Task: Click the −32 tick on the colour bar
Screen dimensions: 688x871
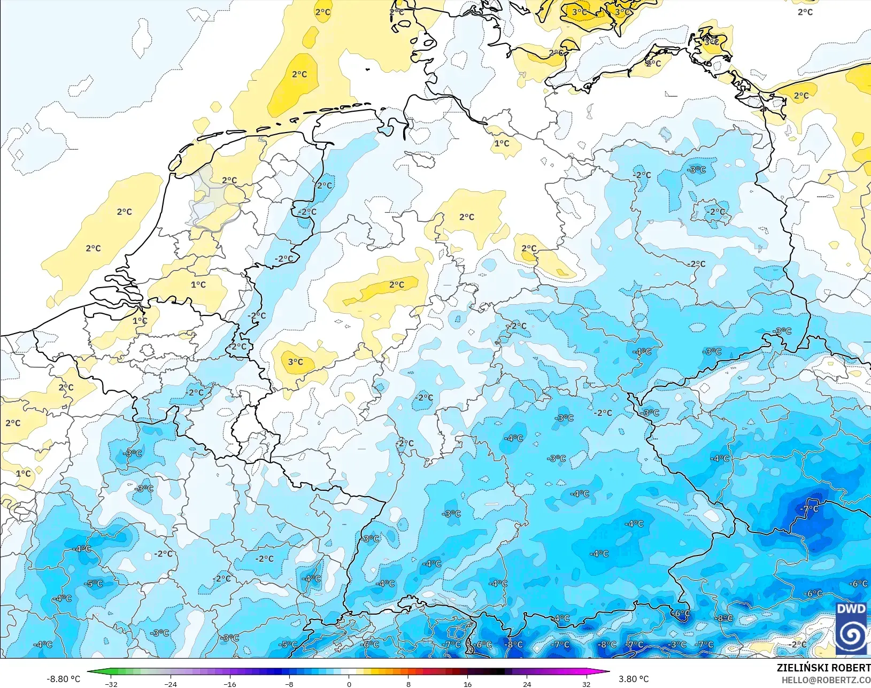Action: [x=111, y=684]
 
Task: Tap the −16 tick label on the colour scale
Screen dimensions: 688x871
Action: [x=229, y=684]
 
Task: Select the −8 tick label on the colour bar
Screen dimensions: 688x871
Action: [x=289, y=684]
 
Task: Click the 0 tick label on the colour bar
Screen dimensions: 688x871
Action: [x=349, y=684]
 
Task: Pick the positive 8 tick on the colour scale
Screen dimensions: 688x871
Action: [x=408, y=684]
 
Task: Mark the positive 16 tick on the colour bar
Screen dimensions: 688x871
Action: [x=467, y=684]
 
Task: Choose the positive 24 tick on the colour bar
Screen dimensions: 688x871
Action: [x=527, y=684]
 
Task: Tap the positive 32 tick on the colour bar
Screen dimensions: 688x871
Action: [x=586, y=684]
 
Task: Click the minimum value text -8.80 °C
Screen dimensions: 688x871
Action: [x=63, y=679]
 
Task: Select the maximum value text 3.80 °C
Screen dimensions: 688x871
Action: [x=634, y=679]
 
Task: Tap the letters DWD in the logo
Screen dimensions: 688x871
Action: [x=851, y=609]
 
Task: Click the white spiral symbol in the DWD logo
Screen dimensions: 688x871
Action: [x=851, y=635]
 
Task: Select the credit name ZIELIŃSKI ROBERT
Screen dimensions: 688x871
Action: [x=823, y=668]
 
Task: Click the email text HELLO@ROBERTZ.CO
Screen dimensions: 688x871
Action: [x=826, y=680]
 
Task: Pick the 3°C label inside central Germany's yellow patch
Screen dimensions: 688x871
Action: [x=296, y=362]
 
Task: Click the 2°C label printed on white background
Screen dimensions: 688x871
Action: [x=805, y=12]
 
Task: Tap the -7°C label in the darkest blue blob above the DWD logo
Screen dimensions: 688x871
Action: [x=811, y=508]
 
